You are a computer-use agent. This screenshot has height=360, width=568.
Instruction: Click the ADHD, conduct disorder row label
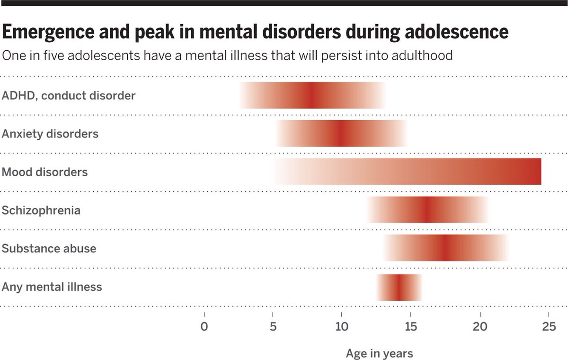[x=69, y=96]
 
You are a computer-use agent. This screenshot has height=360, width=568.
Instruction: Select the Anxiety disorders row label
[x=50, y=134]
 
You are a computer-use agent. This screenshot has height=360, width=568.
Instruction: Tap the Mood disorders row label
[x=45, y=172]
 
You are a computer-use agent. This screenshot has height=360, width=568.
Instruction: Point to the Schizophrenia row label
[x=41, y=210]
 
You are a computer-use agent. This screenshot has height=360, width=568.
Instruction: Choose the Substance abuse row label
[x=49, y=249]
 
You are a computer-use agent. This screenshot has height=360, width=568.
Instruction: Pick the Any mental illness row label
[x=52, y=287]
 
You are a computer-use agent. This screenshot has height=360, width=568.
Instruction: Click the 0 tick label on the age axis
[x=204, y=327]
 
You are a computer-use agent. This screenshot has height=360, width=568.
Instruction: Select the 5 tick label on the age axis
[x=273, y=327]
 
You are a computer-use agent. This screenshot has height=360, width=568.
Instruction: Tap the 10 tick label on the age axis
[x=341, y=327]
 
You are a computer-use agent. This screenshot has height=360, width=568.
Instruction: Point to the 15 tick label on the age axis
[x=410, y=327]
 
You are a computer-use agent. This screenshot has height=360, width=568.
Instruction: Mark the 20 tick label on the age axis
[x=480, y=327]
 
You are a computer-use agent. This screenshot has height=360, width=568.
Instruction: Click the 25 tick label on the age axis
[x=549, y=327]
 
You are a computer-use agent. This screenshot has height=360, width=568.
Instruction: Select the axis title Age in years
[x=379, y=353]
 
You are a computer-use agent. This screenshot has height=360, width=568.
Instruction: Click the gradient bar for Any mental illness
[x=399, y=288]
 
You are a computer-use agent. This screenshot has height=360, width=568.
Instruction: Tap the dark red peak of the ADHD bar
[x=310, y=95]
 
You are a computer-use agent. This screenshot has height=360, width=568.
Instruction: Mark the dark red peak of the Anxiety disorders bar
[x=341, y=134]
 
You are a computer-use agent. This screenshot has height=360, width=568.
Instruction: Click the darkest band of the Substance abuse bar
[x=445, y=248]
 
